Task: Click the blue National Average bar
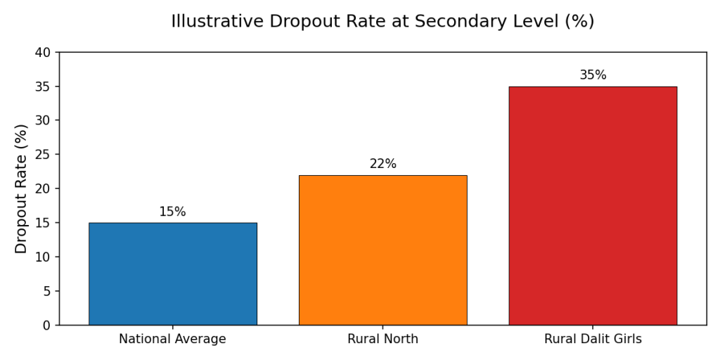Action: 172,274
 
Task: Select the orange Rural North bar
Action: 382,250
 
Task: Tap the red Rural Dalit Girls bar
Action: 593,205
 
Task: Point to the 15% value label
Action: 172,212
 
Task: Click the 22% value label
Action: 382,164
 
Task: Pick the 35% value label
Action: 593,75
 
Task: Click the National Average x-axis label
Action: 172,339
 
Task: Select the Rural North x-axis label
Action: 382,339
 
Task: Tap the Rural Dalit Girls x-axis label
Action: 593,339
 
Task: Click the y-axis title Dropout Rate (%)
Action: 21,188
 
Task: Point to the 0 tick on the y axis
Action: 47,326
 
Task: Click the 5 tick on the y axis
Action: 47,291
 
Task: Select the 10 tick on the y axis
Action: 44,257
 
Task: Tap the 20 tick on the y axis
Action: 44,189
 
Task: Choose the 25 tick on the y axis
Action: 44,155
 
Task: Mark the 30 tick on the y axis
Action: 44,121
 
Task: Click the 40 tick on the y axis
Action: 44,53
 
